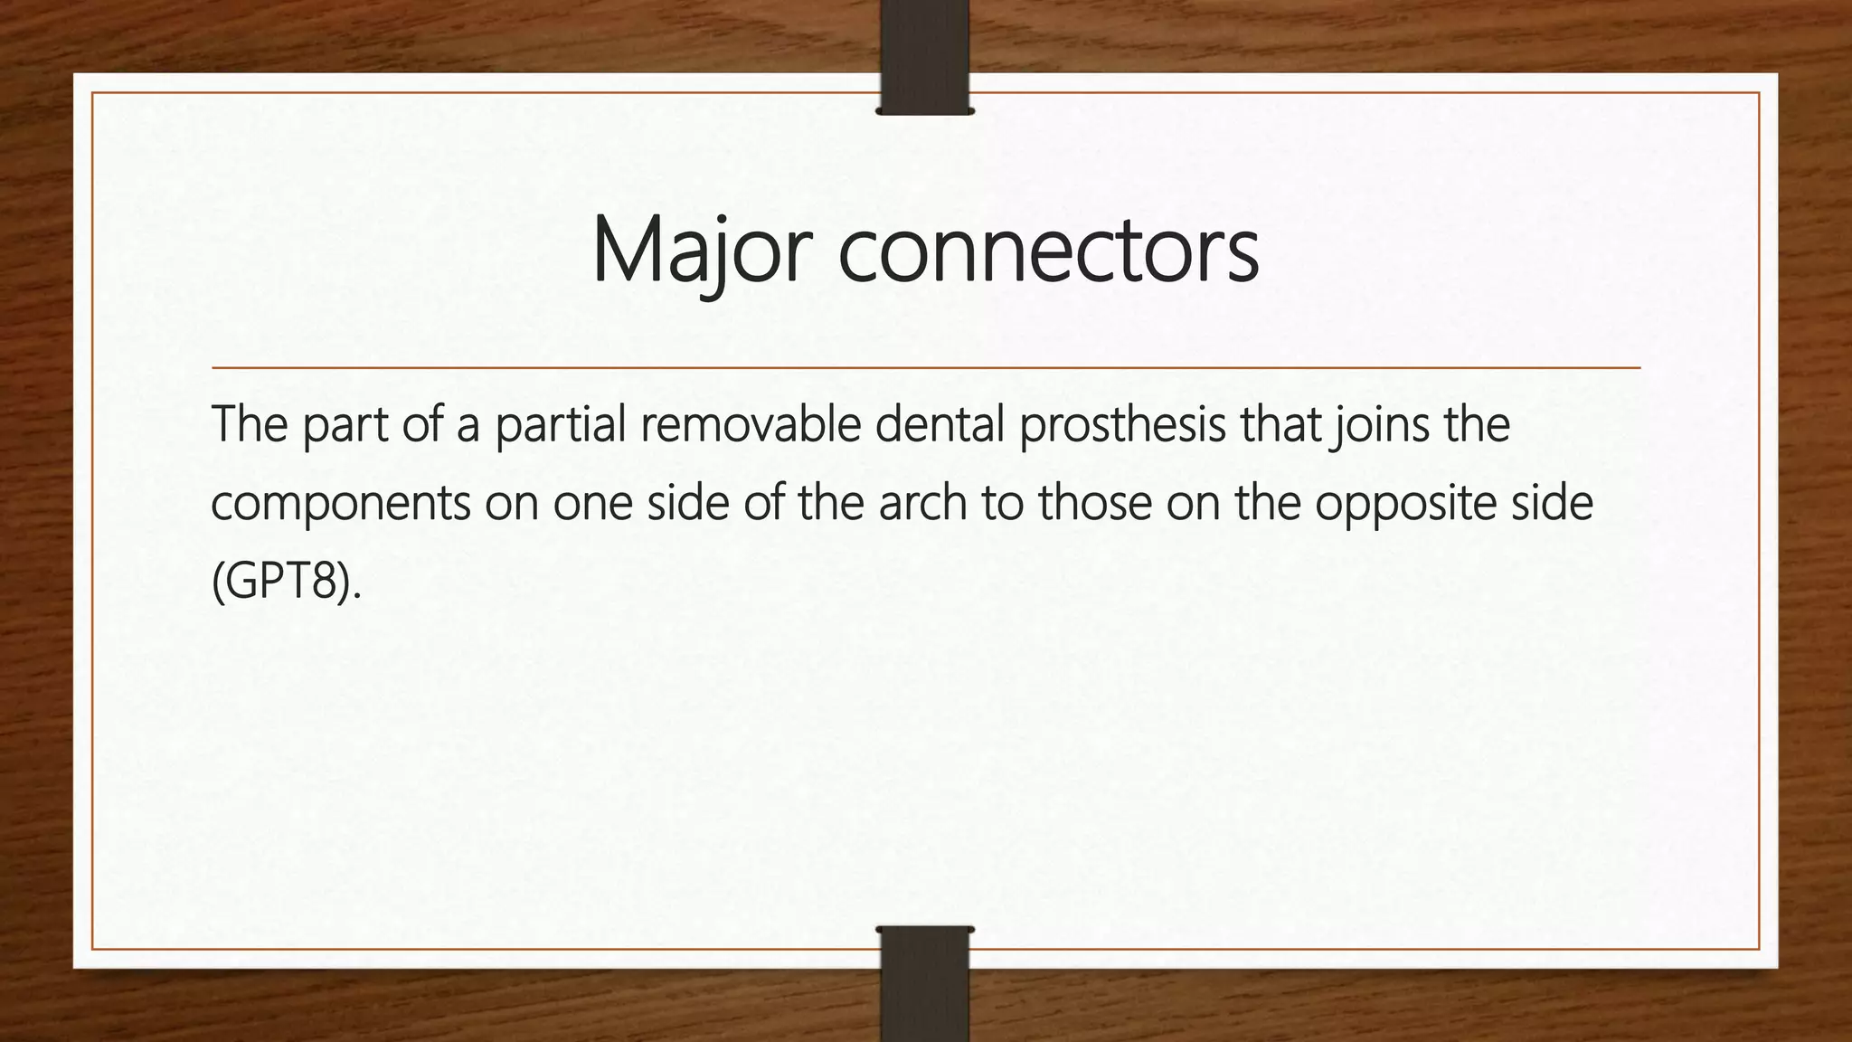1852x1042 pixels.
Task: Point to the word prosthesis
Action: pos(1122,425)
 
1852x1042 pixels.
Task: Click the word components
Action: pos(340,504)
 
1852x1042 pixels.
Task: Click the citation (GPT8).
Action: pos(286,582)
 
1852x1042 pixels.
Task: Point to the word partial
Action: pos(561,425)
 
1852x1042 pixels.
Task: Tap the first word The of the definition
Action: pos(249,425)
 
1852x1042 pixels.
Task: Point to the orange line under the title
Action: pos(925,368)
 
